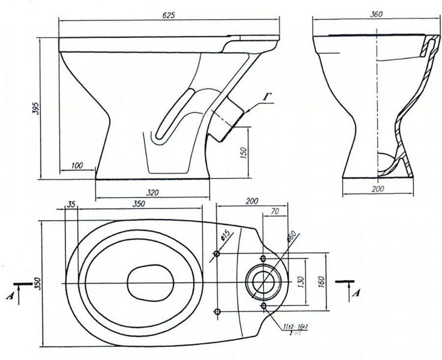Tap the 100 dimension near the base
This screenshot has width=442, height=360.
77,166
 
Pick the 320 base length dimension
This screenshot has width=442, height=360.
152,192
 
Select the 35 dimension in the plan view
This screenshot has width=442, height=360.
71,204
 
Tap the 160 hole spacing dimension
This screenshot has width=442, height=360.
321,281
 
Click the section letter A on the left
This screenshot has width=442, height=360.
8,295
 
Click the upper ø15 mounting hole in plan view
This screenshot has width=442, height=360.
217,254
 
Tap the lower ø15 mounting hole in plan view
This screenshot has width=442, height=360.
217,311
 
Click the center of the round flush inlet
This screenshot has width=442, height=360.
265,283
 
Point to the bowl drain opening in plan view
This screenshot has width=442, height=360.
150,283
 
